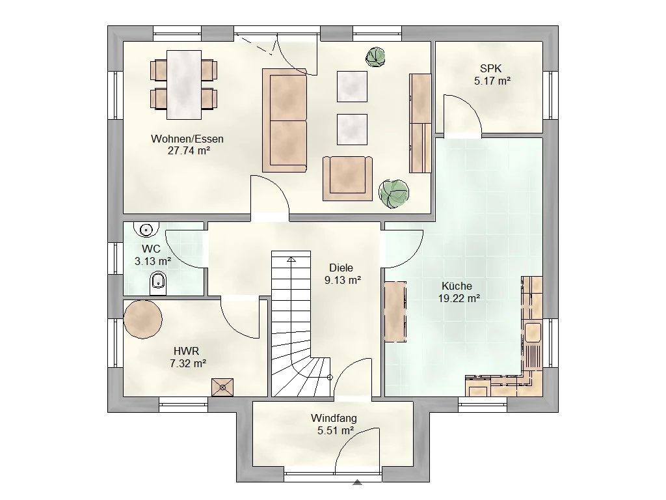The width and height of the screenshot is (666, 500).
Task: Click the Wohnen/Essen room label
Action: (x=187, y=139)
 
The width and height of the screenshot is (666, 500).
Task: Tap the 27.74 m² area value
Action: (x=189, y=150)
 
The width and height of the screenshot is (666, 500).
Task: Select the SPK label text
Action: (x=490, y=68)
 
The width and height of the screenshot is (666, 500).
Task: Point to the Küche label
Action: (x=457, y=286)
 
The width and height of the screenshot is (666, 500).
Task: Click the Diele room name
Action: (x=341, y=268)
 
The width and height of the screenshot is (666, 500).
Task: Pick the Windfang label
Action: (x=334, y=419)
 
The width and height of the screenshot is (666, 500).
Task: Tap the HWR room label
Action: (x=187, y=351)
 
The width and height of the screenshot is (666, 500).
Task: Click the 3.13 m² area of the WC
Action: (x=153, y=261)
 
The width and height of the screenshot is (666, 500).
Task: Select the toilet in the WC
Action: (x=159, y=284)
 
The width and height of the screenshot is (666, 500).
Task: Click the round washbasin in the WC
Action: (x=146, y=229)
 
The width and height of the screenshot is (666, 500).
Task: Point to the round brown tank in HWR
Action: (x=142, y=319)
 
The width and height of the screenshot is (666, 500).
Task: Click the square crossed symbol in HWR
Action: (x=222, y=387)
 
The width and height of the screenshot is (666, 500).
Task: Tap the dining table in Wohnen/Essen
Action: (x=184, y=85)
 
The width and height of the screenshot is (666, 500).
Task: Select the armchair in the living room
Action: (x=347, y=178)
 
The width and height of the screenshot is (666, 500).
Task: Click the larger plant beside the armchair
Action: (x=393, y=193)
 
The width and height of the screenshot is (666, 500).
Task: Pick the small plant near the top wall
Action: (x=376, y=57)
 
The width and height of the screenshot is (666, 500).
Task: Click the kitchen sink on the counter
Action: (x=533, y=333)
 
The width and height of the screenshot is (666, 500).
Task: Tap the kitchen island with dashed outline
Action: (x=395, y=311)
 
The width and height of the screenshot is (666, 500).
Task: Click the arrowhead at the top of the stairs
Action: (x=291, y=259)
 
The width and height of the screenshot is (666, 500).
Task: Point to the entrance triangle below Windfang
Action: (x=357, y=482)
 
